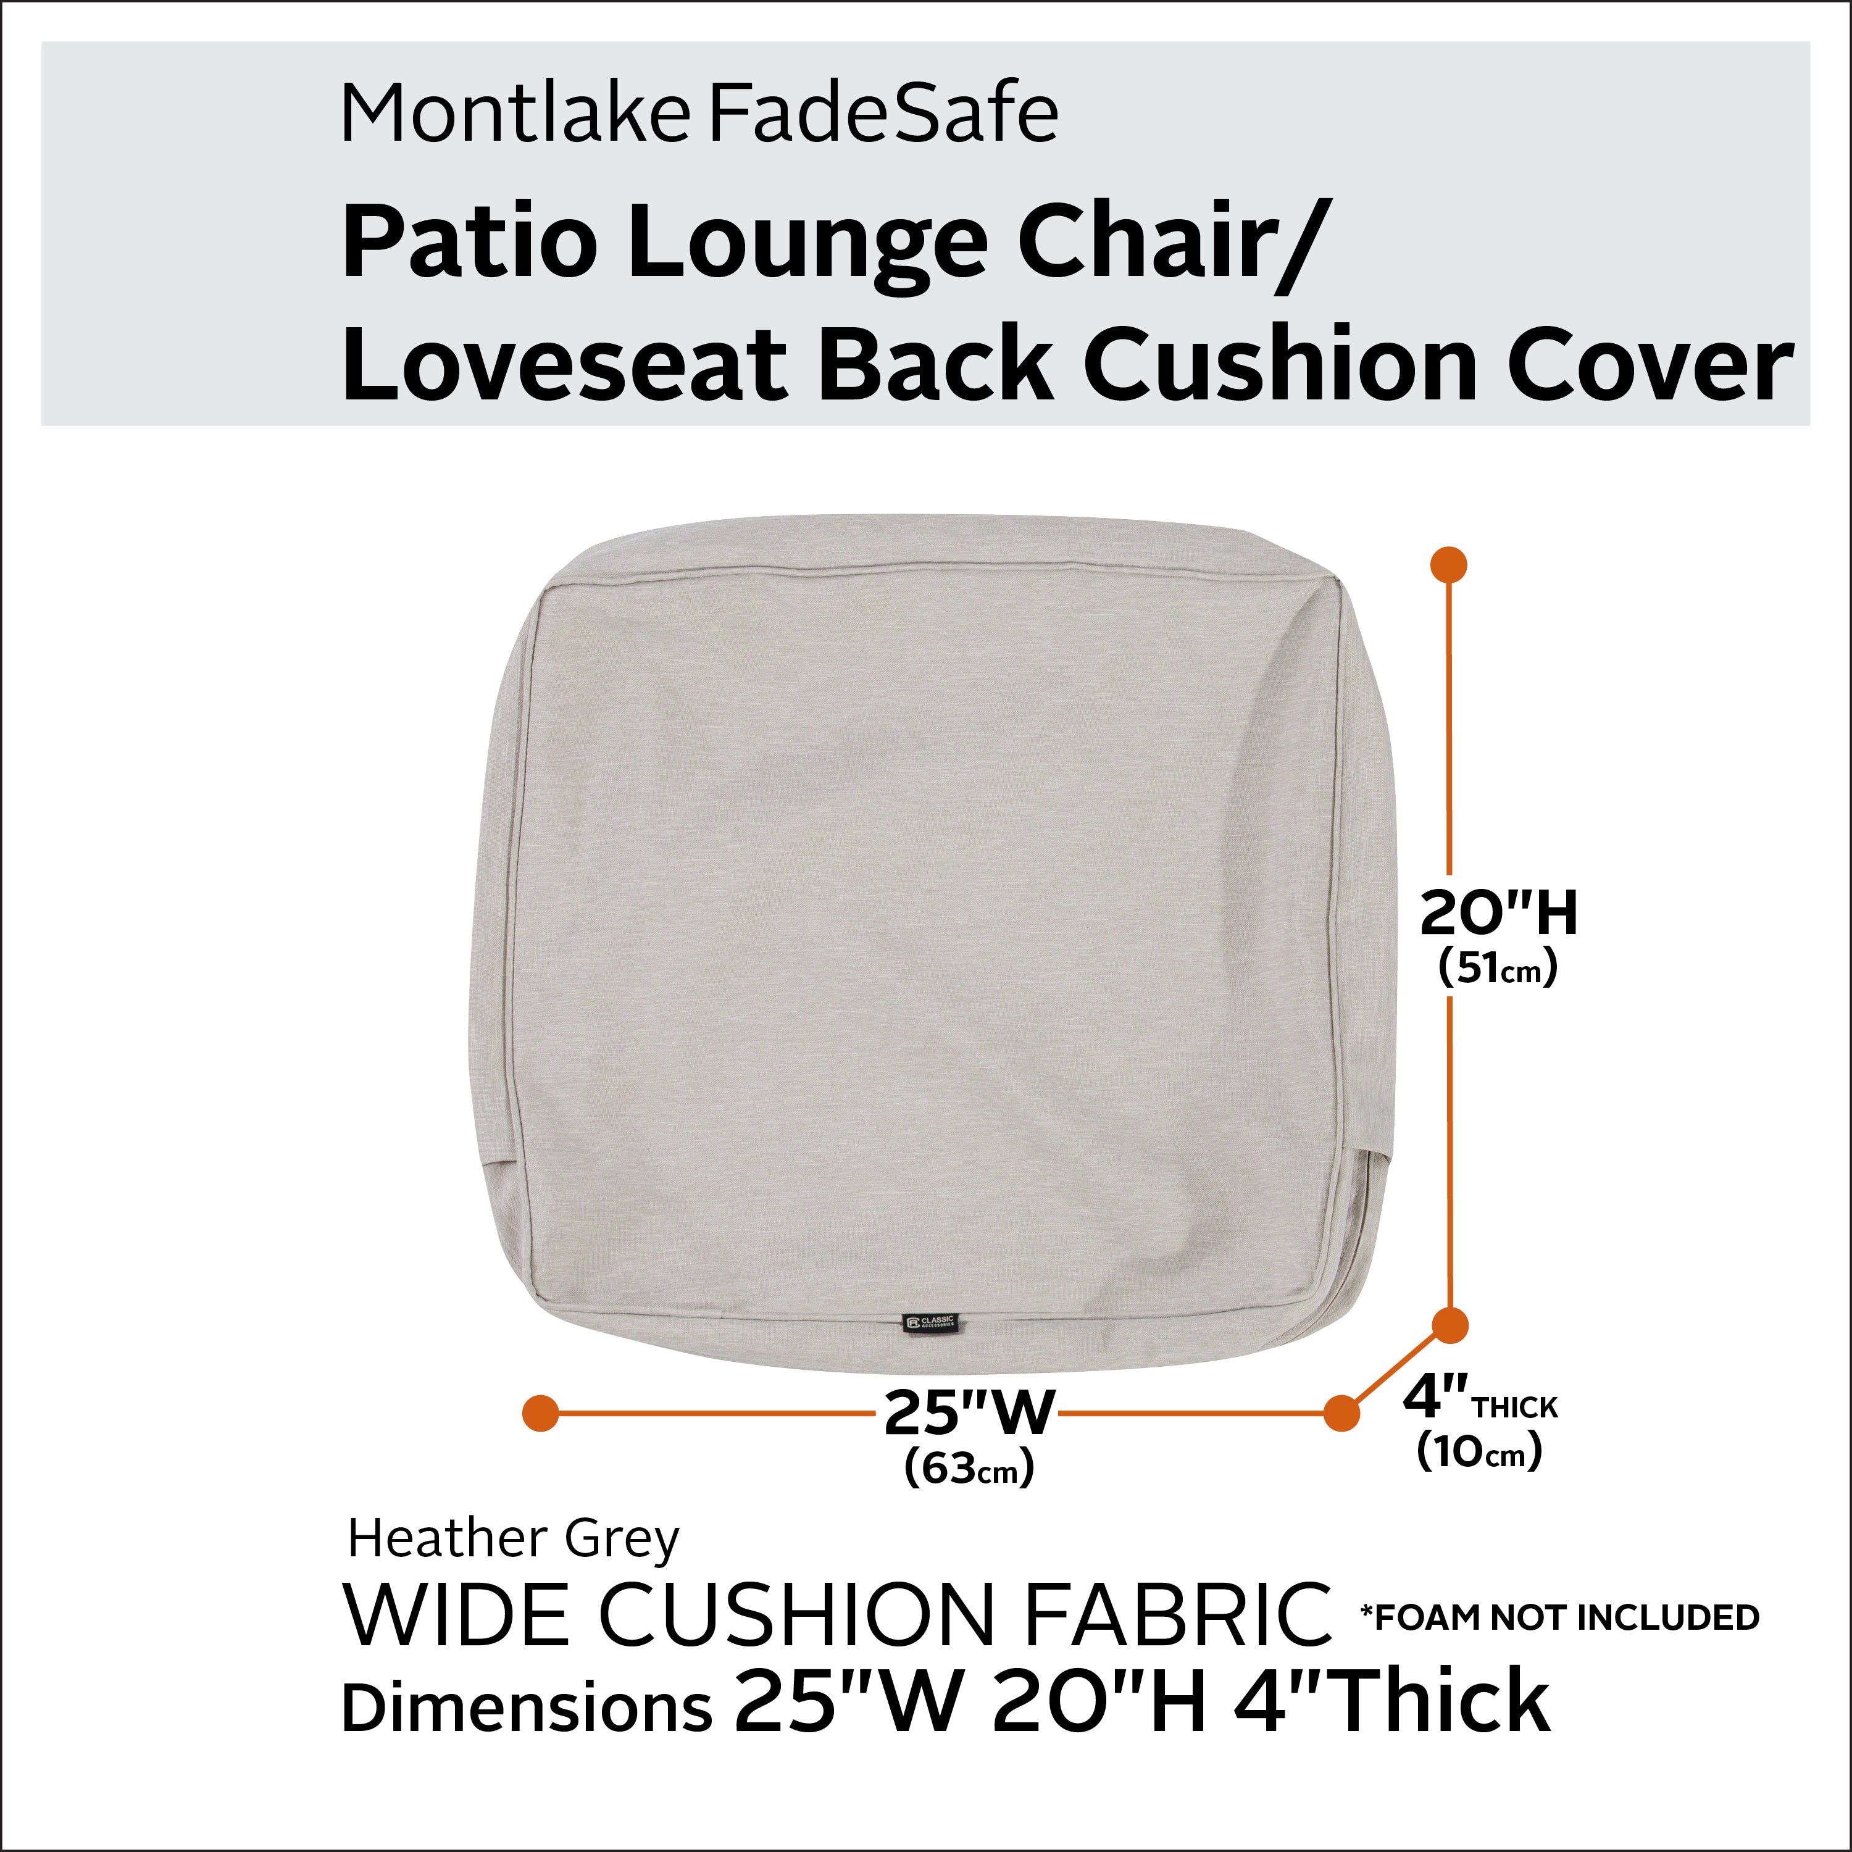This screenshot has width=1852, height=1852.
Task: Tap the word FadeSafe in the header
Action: [883, 115]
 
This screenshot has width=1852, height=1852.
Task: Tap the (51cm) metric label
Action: [1497, 969]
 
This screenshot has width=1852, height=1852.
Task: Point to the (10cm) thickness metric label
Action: [1479, 1451]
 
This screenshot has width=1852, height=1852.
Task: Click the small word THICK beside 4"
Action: [1516, 1408]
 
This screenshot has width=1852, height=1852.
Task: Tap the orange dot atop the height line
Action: [1448, 565]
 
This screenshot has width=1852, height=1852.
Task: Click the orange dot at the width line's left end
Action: [541, 1413]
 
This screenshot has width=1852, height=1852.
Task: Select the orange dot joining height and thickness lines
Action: [1450, 1327]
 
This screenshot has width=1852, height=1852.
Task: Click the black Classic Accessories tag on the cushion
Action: [930, 1323]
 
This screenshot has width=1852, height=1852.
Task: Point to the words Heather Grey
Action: [513, 1540]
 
